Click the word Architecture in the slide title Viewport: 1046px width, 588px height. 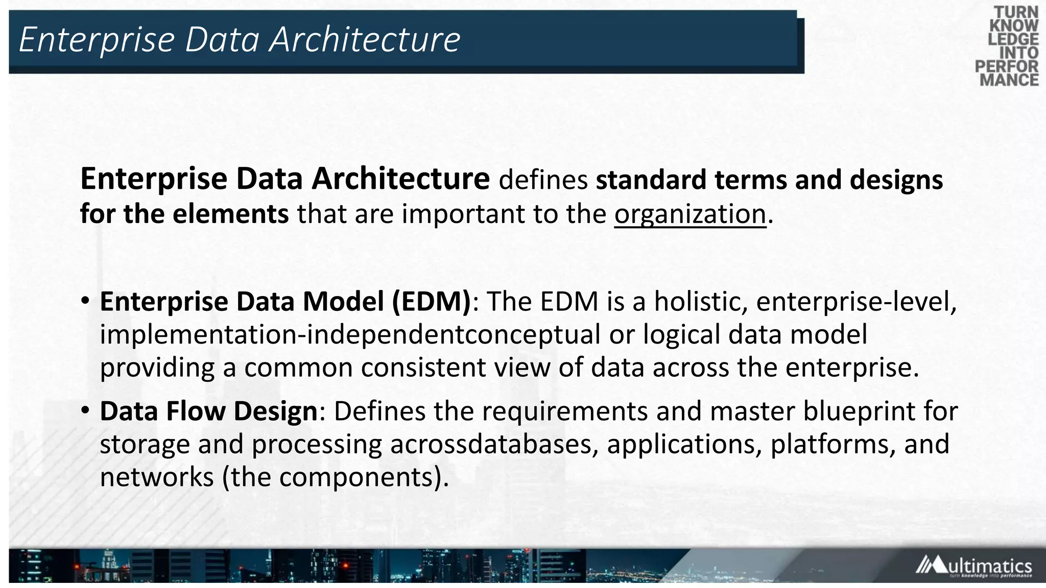pyautogui.click(x=365, y=39)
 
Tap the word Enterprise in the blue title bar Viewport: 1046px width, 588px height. pyautogui.click(x=97, y=39)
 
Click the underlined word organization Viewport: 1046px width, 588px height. pyautogui.click(x=690, y=214)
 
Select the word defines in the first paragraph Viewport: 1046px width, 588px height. pyautogui.click(x=543, y=180)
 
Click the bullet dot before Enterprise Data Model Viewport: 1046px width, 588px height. pyautogui.click(x=85, y=301)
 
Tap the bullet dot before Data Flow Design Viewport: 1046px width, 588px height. pyautogui.click(x=85, y=410)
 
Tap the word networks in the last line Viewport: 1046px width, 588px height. pyautogui.click(x=157, y=477)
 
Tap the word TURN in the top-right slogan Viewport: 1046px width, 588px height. pyautogui.click(x=1015, y=12)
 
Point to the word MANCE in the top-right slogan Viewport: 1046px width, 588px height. pyautogui.click(x=1009, y=80)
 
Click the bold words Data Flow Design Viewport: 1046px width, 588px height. pyautogui.click(x=209, y=411)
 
